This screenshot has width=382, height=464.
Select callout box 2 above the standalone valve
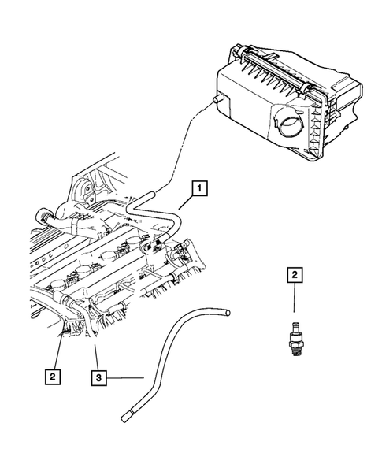(294, 275)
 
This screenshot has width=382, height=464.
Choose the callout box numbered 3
(98, 379)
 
